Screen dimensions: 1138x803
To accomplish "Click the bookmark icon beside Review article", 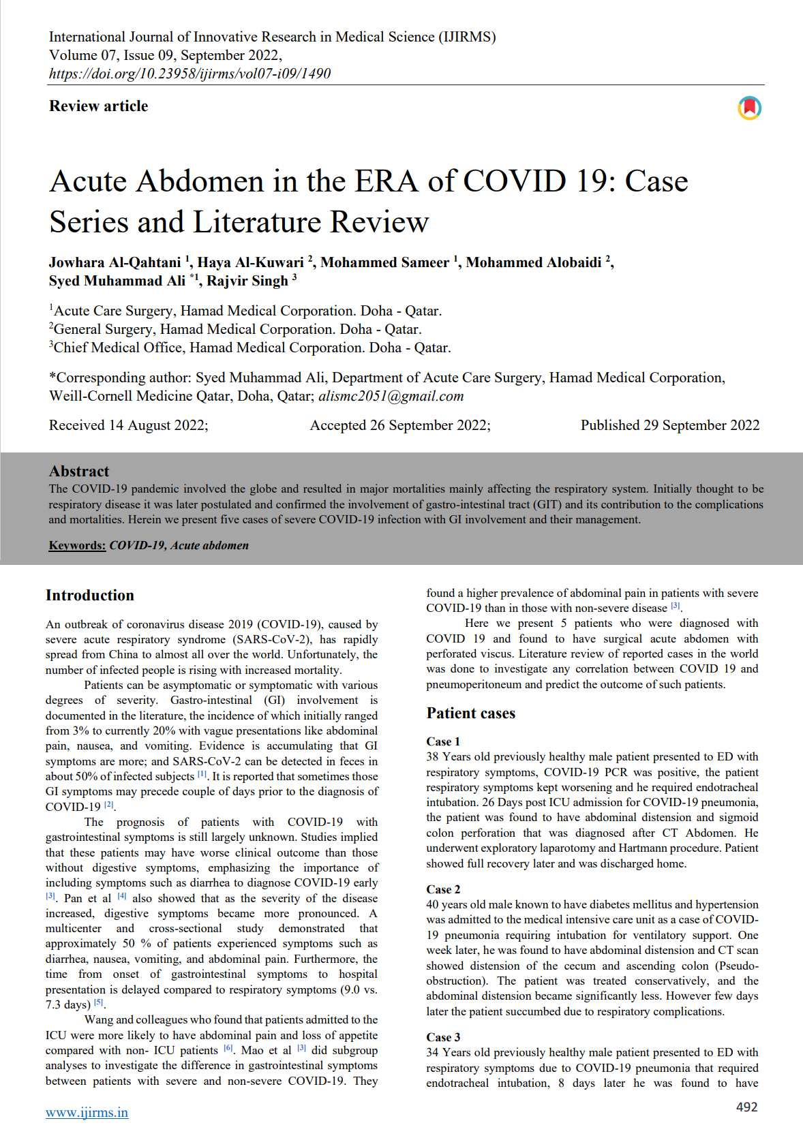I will tap(749, 108).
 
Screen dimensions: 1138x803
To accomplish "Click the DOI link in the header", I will tap(190, 74).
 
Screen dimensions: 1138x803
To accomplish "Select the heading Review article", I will tap(98, 106).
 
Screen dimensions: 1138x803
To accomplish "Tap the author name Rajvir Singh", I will tap(247, 281).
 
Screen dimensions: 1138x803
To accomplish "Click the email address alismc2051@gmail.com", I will tap(391, 396).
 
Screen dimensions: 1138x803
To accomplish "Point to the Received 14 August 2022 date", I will tap(128, 425).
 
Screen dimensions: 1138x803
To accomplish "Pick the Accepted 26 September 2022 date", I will tap(400, 425).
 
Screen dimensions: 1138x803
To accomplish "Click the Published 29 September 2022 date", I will tap(669, 425).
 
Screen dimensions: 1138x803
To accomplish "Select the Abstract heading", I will tap(79, 471).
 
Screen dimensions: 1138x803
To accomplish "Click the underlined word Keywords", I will tap(77, 545).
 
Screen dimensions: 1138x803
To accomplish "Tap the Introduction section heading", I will tap(90, 595).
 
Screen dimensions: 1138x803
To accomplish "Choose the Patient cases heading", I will tap(470, 713).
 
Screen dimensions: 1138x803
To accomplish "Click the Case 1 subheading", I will tap(443, 741).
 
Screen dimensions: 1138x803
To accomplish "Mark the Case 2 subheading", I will tap(443, 889).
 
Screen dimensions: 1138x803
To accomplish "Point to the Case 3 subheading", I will tap(443, 1037).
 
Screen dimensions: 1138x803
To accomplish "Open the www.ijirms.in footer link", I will tap(87, 1112).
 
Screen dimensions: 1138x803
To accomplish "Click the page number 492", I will tap(746, 1107).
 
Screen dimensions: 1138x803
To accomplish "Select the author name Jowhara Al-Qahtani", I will tap(115, 262).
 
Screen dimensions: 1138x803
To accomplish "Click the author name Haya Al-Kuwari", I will tap(250, 262).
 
